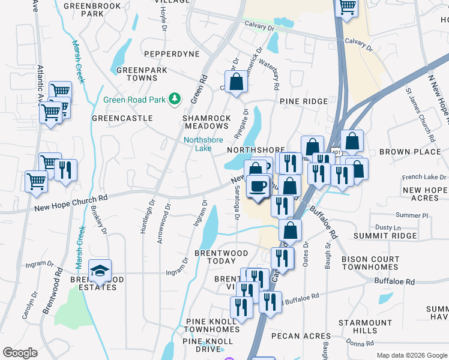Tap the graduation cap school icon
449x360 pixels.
[100, 271]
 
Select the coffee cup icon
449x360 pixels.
[258, 185]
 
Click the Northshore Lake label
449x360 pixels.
[203, 144]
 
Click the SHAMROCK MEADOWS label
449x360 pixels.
[206, 122]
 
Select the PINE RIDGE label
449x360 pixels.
[303, 102]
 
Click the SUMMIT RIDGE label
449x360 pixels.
[386, 236]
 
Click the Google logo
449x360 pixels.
[20, 353]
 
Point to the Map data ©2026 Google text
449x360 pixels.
[411, 355]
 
